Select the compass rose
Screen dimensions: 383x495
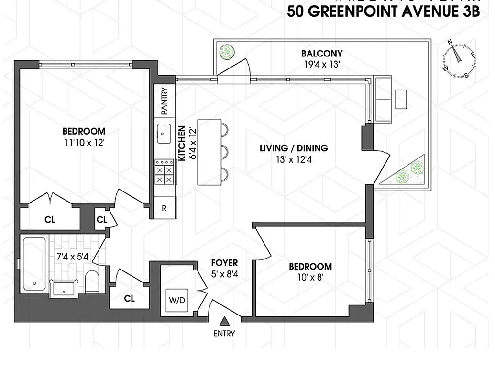click(x=459, y=58)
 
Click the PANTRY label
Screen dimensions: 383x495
click(x=165, y=101)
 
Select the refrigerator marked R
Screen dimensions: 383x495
click(x=165, y=208)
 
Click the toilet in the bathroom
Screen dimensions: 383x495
click(x=92, y=281)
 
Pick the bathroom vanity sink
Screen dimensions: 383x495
click(x=64, y=289)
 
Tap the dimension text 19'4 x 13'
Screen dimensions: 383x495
click(x=321, y=65)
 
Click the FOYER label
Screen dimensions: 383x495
click(x=224, y=263)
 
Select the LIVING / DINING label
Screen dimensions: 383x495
click(x=294, y=148)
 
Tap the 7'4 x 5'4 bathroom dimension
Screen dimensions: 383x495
click(x=72, y=256)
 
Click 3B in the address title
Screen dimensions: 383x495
click(x=469, y=12)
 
